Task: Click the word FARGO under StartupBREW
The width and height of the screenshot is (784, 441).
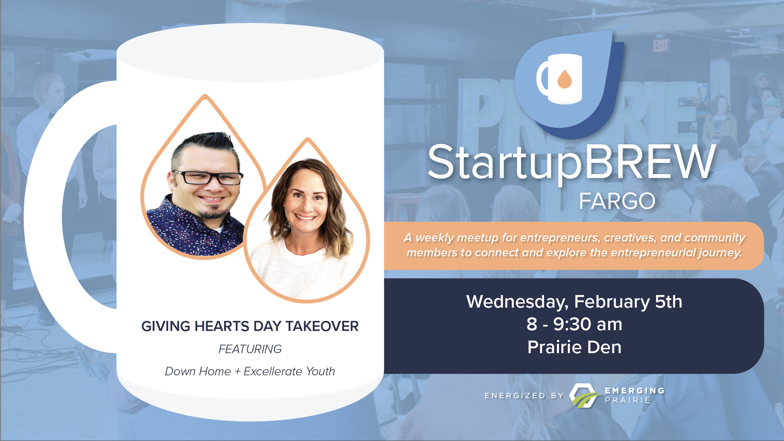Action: click(x=617, y=201)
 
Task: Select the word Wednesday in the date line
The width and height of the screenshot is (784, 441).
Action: click(x=517, y=302)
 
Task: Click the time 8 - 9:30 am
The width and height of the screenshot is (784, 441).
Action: click(x=574, y=324)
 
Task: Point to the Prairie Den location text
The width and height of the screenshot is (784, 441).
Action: click(x=574, y=347)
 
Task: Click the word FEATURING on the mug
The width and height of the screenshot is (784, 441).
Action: click(x=250, y=349)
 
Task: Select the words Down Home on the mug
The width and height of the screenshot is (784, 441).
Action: click(x=198, y=371)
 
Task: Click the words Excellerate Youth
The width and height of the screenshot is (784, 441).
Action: click(x=289, y=371)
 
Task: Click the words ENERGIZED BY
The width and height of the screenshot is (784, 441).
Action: click(x=524, y=395)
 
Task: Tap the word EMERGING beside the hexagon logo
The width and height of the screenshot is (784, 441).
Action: click(x=634, y=390)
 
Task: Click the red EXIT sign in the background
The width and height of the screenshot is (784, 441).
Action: click(x=660, y=46)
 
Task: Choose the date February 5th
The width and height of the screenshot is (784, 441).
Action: click(x=628, y=302)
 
